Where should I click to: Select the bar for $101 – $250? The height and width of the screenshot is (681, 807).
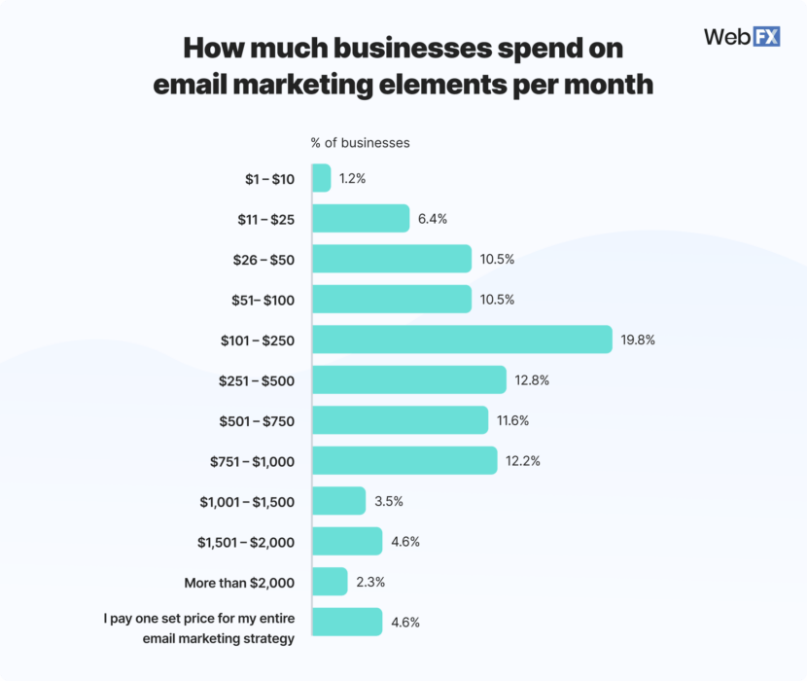pyautogui.click(x=462, y=340)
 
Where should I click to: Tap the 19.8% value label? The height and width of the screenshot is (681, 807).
pyautogui.click(x=638, y=340)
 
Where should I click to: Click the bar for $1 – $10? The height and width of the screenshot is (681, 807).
pyautogui.click(x=322, y=178)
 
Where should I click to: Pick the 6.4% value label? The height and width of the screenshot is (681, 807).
pyautogui.click(x=433, y=219)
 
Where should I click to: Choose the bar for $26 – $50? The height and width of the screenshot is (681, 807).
pyautogui.click(x=392, y=259)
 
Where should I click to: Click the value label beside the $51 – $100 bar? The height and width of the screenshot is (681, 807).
pyautogui.click(x=497, y=300)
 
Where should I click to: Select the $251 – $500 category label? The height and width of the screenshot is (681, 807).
pyautogui.click(x=257, y=380)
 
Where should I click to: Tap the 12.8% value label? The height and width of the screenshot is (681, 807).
pyautogui.click(x=532, y=380)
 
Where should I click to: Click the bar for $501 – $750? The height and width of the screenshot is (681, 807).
pyautogui.click(x=400, y=420)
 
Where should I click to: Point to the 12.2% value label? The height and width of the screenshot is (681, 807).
pyautogui.click(x=523, y=461)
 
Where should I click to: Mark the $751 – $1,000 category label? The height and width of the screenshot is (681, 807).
pyautogui.click(x=253, y=461)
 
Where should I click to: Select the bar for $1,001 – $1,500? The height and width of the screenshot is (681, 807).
pyautogui.click(x=338, y=501)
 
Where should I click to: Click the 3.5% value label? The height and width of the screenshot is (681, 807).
pyautogui.click(x=389, y=501)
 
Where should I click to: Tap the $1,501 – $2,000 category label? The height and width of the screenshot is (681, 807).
pyautogui.click(x=247, y=542)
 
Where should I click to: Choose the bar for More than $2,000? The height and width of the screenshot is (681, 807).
pyautogui.click(x=330, y=582)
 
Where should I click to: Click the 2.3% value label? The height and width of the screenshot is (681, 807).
pyautogui.click(x=371, y=582)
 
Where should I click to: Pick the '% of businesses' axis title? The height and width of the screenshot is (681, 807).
pyautogui.click(x=360, y=143)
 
